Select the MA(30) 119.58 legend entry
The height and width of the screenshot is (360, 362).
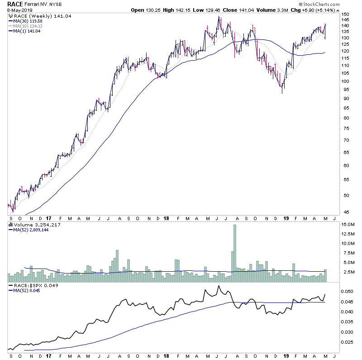[x=27, y=21]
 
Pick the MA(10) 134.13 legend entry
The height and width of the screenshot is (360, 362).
[x=27, y=26]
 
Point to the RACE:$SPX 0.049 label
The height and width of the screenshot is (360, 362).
[x=29, y=286]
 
